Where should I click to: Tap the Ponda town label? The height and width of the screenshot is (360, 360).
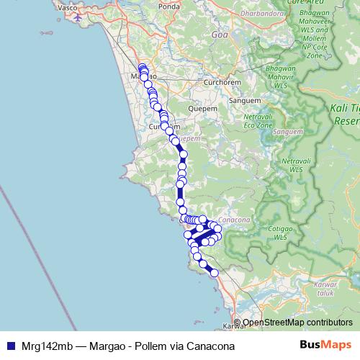(x=169, y=6)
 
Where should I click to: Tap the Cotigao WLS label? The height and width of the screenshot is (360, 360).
(x=280, y=232)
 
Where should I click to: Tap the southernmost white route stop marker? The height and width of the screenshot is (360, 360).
(x=214, y=273)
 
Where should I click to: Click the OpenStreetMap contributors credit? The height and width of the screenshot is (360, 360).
(x=297, y=323)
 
